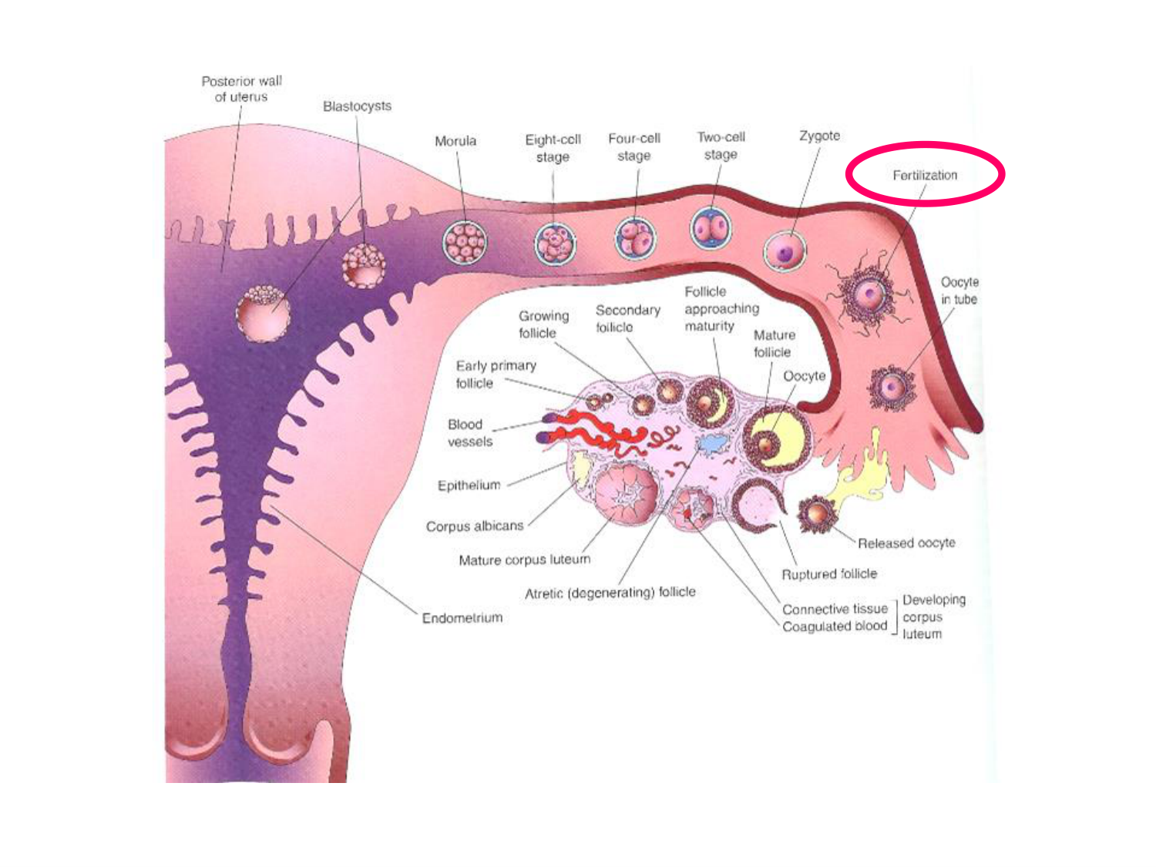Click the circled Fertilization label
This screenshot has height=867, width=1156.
[x=925, y=175]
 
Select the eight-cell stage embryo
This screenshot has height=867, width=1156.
[x=555, y=244]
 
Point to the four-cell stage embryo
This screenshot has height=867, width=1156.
[x=635, y=238]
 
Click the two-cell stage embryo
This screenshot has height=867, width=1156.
[x=711, y=228]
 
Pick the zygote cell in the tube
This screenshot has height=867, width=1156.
[x=785, y=252]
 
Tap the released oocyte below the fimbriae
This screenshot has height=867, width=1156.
[x=815, y=513]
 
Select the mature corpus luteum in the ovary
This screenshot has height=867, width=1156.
[x=627, y=494]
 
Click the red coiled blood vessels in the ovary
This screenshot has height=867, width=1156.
[x=601, y=432]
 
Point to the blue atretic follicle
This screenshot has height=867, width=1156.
[x=713, y=444]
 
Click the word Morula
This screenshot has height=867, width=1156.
[x=455, y=141]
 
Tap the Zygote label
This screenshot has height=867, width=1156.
[x=819, y=136]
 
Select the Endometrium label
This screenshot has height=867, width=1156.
[x=462, y=617]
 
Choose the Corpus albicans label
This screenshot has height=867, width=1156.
[x=474, y=526]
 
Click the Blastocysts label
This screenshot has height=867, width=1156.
[x=357, y=106]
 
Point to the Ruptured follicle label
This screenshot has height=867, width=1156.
[x=829, y=573]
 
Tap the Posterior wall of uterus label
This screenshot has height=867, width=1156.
[x=241, y=89]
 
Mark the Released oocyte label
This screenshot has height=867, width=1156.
[x=906, y=543]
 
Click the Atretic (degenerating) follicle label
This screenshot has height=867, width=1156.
[x=610, y=592]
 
